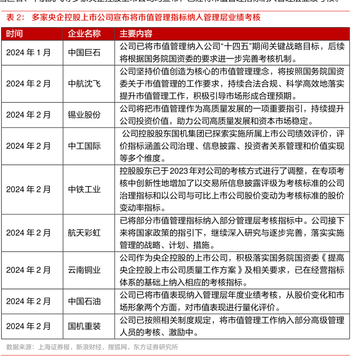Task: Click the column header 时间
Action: (15, 33)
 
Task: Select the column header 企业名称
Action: (84, 33)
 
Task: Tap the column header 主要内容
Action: (136, 33)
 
